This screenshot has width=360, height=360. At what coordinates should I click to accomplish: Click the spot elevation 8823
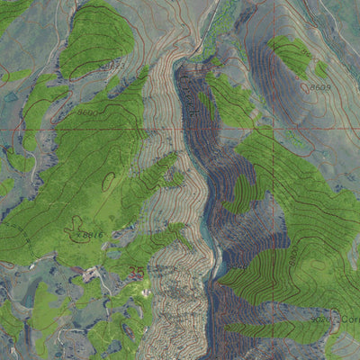(112, 66)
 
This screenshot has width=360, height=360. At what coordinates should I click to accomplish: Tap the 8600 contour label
(86, 112)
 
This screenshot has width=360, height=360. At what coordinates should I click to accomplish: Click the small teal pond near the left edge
(11, 96)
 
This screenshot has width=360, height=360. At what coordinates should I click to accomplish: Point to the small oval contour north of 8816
(109, 181)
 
